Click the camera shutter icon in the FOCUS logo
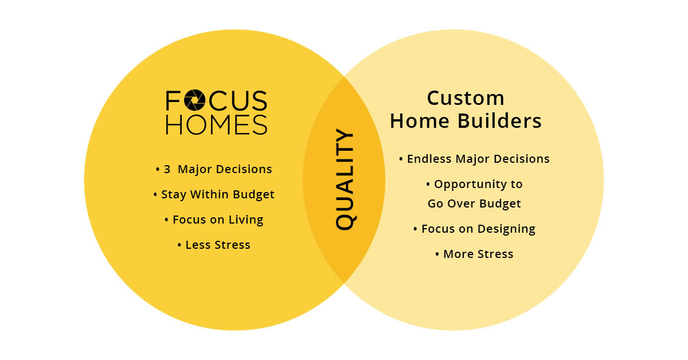[x=194, y=100]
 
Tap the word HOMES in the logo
[x=217, y=125]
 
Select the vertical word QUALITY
[x=345, y=179]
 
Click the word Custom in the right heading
[x=466, y=98]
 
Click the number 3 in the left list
[x=167, y=169]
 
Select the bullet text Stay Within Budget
[x=217, y=194]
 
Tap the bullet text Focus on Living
[x=218, y=220]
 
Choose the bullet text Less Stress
[x=218, y=245]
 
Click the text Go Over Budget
[x=474, y=204]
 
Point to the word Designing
[x=506, y=229]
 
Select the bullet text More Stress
[x=478, y=254]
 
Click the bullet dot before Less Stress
[x=179, y=245]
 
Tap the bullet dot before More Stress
[x=437, y=255]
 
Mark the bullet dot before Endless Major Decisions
[x=401, y=159]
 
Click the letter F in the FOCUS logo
[x=173, y=100]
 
